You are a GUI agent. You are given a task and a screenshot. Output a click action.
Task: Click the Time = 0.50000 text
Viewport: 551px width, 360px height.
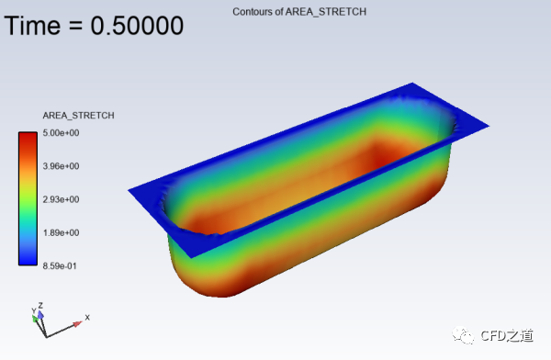(94, 26)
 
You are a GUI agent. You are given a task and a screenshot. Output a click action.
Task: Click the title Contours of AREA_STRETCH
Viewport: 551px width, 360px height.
(299, 12)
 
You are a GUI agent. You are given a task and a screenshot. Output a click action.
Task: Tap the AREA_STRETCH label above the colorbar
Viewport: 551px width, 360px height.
(78, 116)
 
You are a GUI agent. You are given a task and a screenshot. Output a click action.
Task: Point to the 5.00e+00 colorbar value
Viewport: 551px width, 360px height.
(61, 133)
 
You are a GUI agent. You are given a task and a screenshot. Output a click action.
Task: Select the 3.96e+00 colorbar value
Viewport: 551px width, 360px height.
(61, 166)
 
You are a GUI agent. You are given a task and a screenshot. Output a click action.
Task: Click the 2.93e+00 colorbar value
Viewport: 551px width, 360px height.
(61, 199)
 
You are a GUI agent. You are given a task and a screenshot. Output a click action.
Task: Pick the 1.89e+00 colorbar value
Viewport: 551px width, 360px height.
(61, 232)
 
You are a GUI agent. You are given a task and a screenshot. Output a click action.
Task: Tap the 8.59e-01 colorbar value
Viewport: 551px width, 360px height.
(60, 266)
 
